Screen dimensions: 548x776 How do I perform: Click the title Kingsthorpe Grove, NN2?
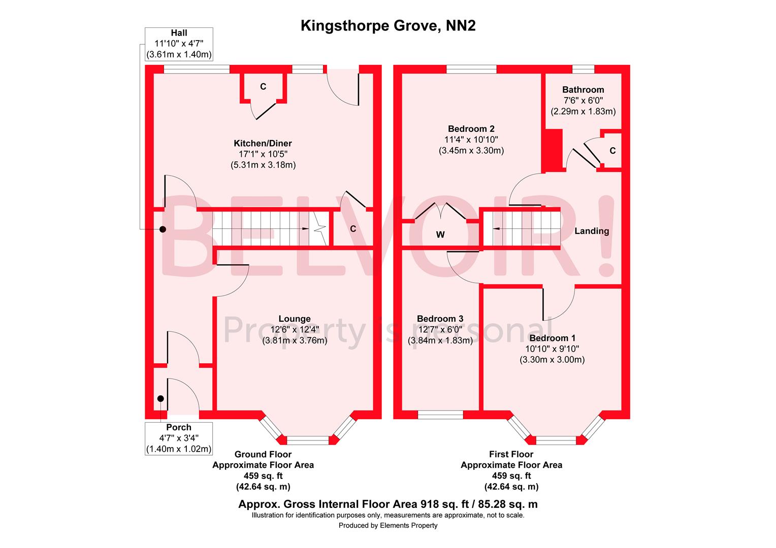click(x=388, y=26)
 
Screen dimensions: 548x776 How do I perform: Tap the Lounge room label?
click(x=295, y=319)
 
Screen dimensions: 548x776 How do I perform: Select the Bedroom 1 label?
click(x=552, y=338)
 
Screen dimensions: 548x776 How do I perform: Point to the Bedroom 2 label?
click(x=471, y=129)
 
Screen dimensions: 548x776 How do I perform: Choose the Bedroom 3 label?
click(x=440, y=319)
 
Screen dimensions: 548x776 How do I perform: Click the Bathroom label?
click(x=583, y=89)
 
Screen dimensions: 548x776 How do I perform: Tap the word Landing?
click(x=592, y=231)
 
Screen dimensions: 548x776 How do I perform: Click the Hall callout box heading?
click(x=179, y=33)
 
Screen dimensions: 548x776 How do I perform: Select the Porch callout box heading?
click(x=179, y=427)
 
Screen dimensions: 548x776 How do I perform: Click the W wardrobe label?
click(x=440, y=234)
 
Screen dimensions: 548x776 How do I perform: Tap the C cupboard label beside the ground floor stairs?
click(x=353, y=229)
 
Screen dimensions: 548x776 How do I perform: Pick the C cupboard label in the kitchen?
click(x=263, y=87)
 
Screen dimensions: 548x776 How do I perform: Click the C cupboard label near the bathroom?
click(x=612, y=151)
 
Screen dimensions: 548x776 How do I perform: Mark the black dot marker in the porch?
click(x=160, y=399)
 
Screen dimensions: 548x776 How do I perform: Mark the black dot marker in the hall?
click(x=163, y=229)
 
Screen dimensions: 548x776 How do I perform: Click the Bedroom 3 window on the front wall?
click(x=440, y=415)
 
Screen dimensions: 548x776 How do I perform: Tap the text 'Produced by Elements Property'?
click(x=388, y=526)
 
